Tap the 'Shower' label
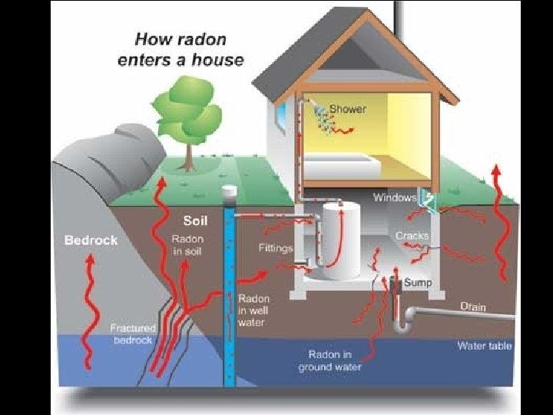[x=348, y=108]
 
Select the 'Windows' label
[x=394, y=198]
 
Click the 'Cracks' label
[x=412, y=236]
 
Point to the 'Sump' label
[x=418, y=283]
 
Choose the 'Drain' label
[x=473, y=306]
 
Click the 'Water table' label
[x=484, y=346]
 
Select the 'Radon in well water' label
[x=253, y=310]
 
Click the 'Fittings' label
[x=276, y=248]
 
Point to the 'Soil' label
[x=195, y=221]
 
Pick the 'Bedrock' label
[x=91, y=240]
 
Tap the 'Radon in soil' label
[x=187, y=246]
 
